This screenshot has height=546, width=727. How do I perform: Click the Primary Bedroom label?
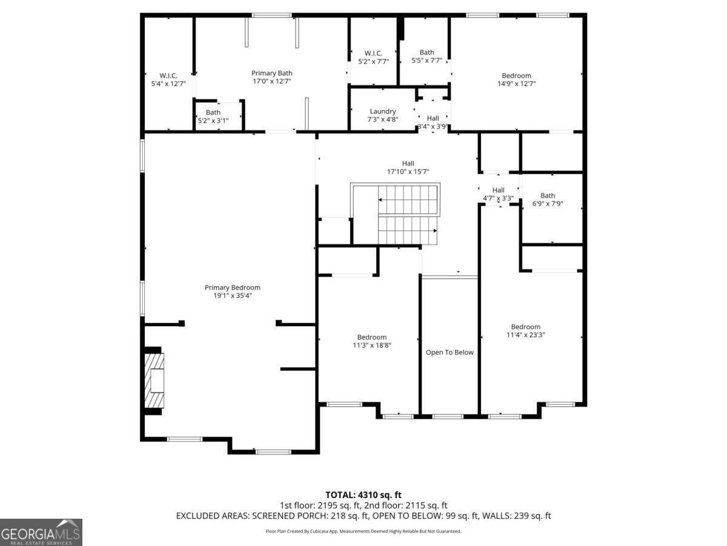(x=232, y=288)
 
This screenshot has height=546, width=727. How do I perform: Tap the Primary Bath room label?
(x=271, y=73)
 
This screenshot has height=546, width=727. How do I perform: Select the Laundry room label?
(x=382, y=112)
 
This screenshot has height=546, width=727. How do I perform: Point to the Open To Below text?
(x=450, y=352)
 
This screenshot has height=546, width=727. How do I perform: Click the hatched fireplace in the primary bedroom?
(x=154, y=380)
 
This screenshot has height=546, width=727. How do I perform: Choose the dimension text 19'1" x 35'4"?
(x=232, y=295)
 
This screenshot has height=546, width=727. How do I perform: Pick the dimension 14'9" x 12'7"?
(x=516, y=84)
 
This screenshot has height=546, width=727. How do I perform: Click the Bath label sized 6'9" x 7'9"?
(x=548, y=195)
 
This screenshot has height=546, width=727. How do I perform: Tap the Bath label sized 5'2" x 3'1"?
(x=213, y=112)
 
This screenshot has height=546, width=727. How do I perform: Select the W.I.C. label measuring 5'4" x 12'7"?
(x=168, y=76)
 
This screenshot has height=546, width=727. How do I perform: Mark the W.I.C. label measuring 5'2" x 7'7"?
(x=373, y=53)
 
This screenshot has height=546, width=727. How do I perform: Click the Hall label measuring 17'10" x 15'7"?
(x=408, y=163)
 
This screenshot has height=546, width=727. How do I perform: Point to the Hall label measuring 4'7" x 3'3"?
(x=498, y=190)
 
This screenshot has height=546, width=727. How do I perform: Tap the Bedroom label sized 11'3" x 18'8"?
(x=371, y=337)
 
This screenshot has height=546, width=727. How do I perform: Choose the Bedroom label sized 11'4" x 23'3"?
(x=525, y=327)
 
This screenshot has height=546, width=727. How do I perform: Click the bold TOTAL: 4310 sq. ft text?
(x=363, y=495)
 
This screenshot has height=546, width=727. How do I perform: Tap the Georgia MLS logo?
(x=41, y=532)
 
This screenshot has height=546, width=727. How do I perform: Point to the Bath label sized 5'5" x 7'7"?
(x=427, y=52)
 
